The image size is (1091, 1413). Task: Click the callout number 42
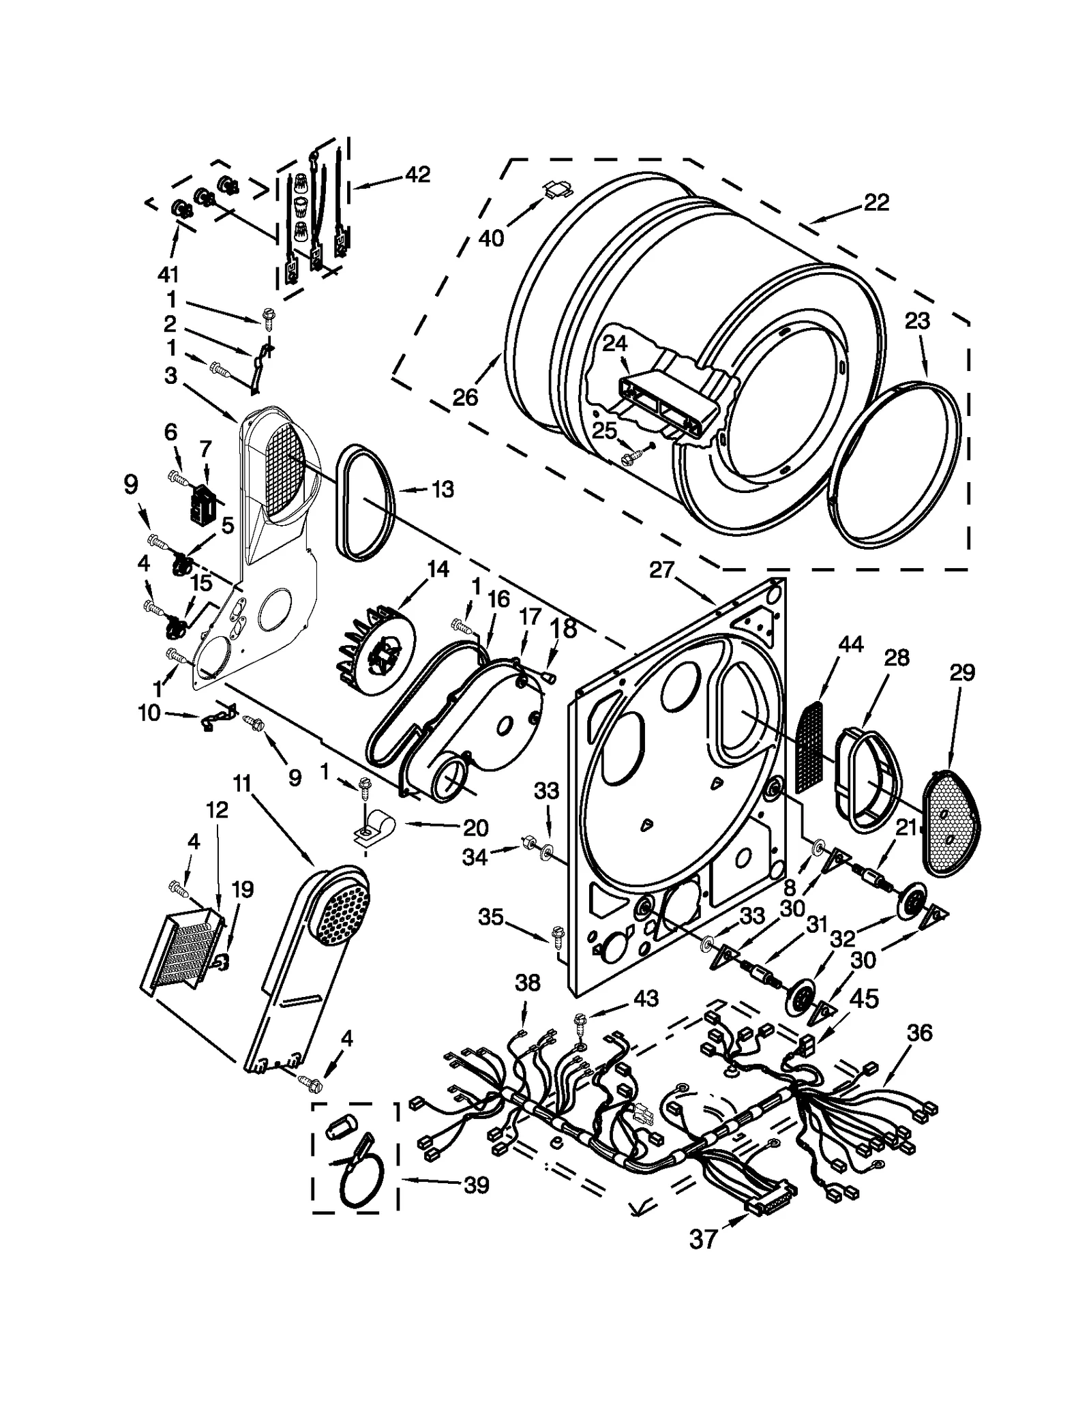click(x=417, y=175)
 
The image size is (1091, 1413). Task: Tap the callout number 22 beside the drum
click(x=876, y=203)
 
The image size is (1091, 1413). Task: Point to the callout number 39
click(x=477, y=1185)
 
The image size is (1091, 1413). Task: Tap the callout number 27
click(x=661, y=569)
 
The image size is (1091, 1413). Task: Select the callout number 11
click(x=242, y=784)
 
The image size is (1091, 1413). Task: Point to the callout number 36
click(x=919, y=1033)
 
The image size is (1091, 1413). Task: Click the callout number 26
click(x=466, y=397)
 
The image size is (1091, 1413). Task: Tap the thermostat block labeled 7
click(x=202, y=505)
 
